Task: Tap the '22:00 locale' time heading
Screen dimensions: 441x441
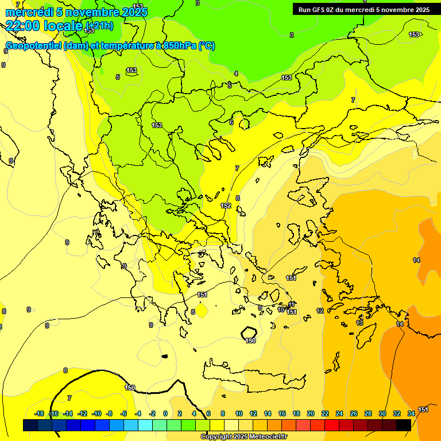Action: (44, 25)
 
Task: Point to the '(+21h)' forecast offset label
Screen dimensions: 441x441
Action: (99, 26)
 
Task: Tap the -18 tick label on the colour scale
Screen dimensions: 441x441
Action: (40, 413)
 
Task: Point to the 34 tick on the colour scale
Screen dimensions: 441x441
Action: (411, 413)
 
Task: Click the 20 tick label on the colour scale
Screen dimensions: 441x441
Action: (311, 413)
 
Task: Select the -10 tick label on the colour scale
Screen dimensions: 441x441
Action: (96, 413)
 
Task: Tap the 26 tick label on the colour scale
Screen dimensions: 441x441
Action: (354, 413)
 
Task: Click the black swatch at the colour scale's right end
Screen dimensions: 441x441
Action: (404, 425)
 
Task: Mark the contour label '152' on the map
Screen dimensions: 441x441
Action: (226, 206)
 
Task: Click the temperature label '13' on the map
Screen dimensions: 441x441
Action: (360, 323)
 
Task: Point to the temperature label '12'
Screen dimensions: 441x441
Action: (320, 311)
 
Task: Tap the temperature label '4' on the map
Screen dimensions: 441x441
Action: (236, 73)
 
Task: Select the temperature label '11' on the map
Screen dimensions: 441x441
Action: (292, 304)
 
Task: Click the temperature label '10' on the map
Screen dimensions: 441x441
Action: (281, 310)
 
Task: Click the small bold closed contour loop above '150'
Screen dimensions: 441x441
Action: (249, 332)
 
